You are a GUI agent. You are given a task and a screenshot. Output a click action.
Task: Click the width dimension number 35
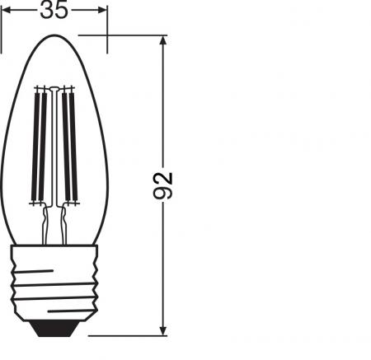tap(54, 10)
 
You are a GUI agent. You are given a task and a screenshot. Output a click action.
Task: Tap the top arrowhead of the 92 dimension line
tap(165, 41)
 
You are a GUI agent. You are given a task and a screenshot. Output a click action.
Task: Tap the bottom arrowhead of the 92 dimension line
tap(165, 330)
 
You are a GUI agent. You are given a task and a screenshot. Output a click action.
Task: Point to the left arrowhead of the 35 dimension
tap(7, 10)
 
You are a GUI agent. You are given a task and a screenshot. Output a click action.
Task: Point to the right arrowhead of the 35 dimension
tap(102, 10)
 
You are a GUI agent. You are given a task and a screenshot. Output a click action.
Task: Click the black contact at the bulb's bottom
tap(54, 329)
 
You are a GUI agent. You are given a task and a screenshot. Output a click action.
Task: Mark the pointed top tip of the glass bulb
tap(54, 36)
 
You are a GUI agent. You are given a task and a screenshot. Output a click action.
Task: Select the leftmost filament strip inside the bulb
tap(35, 144)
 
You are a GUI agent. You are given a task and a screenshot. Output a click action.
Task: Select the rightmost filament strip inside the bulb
tap(73, 144)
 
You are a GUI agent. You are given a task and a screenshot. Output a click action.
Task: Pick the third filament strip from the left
tap(66, 144)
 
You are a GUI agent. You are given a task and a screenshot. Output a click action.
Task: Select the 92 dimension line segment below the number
tap(165, 264)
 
